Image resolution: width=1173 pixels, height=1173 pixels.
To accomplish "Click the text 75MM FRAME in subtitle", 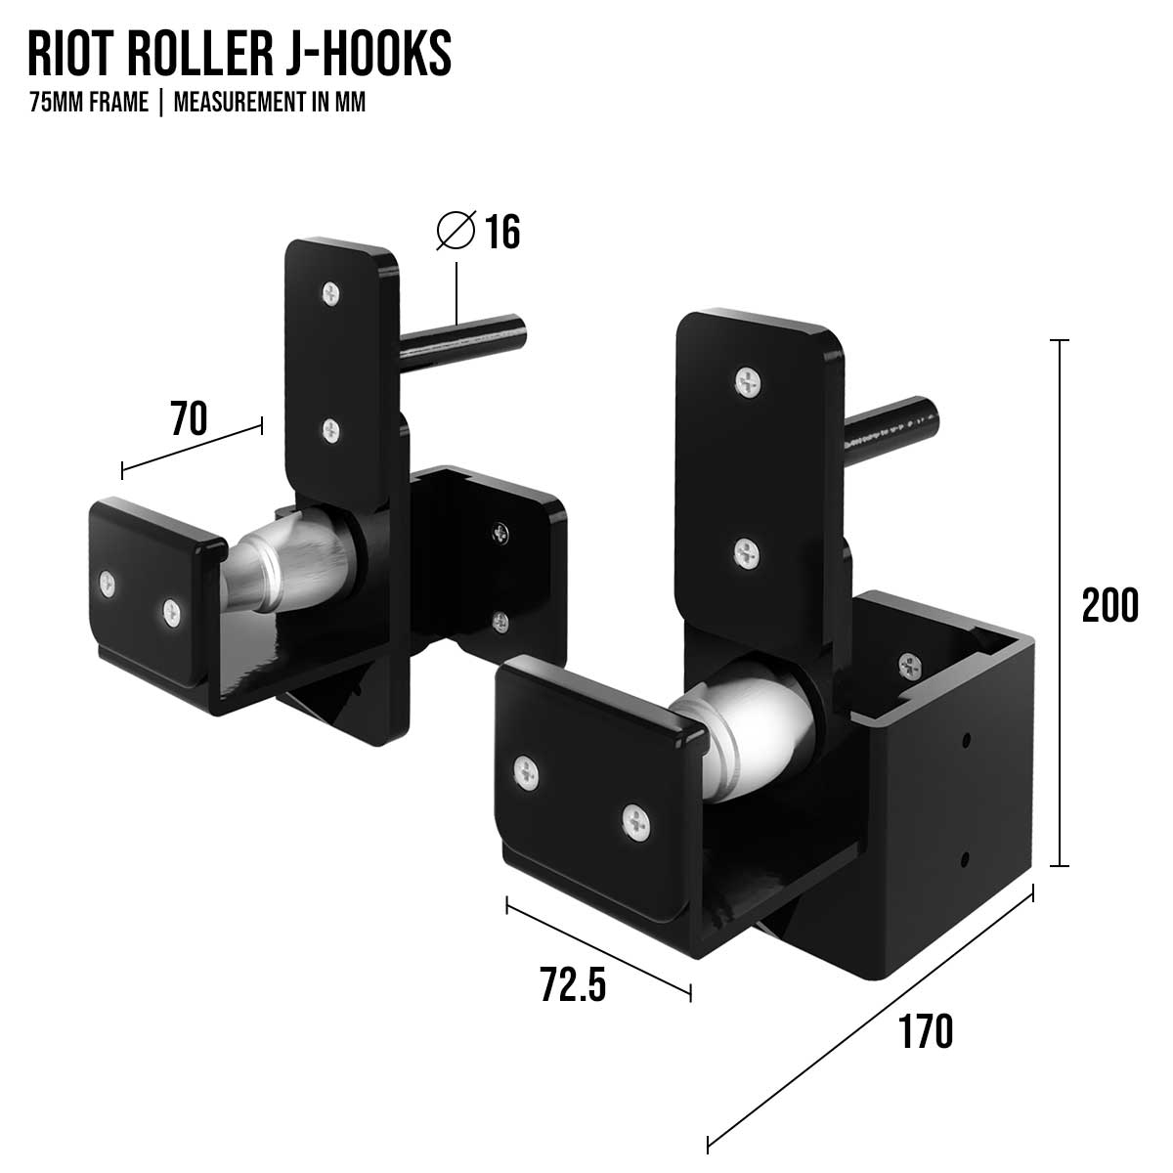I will coord(89,103).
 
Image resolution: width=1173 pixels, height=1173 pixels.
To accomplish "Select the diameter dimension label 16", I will coord(502,233).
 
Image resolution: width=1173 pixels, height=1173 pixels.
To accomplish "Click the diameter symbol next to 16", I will coord(456,231).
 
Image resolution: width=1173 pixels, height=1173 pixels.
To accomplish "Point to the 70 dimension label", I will coord(189,419).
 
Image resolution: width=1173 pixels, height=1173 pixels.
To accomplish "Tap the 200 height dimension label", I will coord(1109,605).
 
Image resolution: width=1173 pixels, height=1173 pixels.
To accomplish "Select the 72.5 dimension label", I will coord(573,983).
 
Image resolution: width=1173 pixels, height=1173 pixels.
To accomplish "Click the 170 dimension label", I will coord(925,1031).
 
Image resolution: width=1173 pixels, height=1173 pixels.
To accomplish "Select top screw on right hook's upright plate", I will coord(748,380).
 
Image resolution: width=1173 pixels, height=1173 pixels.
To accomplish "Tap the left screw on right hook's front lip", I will coord(527,773).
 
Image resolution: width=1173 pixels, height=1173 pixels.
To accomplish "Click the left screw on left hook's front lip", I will coord(107,584).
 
